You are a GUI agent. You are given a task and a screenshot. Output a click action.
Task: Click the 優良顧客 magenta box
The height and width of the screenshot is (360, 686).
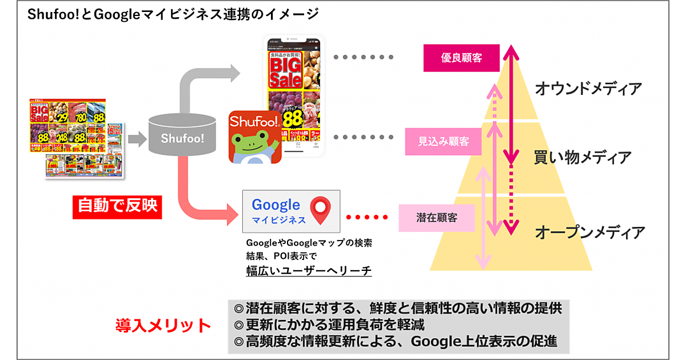461,58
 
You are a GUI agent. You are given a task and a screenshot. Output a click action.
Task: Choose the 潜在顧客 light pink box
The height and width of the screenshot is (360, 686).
436,218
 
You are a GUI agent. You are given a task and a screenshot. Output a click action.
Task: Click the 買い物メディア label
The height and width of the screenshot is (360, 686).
583,157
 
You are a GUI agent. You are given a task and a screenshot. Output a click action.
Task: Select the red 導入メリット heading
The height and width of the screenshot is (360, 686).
163,326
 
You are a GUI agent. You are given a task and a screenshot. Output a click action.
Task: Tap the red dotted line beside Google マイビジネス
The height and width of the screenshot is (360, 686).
368,217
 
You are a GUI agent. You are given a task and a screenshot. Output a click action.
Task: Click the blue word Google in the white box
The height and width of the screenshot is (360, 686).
276,205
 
